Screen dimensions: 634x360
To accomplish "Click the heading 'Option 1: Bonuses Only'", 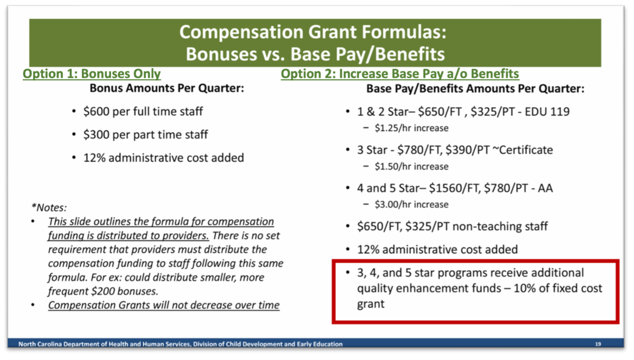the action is (92, 74).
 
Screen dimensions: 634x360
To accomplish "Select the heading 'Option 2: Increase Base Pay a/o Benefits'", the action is (400, 74).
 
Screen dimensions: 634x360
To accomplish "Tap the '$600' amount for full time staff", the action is (96, 112).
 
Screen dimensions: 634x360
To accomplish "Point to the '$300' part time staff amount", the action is (96, 135).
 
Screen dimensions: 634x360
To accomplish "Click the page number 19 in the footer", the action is (598, 344).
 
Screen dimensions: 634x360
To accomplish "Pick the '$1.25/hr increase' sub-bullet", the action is (412, 128).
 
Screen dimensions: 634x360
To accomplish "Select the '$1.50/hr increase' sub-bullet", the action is (412, 167).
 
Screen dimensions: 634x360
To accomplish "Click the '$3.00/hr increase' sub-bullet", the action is (412, 204).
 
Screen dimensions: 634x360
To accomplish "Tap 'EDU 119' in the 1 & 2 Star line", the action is (547, 112).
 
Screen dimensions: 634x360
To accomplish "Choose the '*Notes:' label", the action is (49, 208).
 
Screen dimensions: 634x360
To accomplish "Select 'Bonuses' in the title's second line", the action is (221, 54).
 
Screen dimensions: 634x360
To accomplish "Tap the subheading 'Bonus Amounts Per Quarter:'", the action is (167, 88).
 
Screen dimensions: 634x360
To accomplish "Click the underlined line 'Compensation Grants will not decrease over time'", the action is (164, 306).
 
